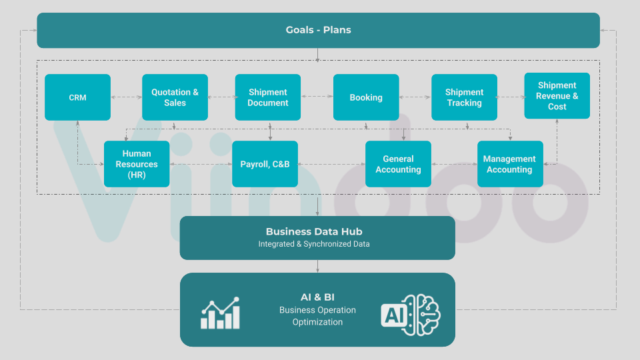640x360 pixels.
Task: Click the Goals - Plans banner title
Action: click(318, 30)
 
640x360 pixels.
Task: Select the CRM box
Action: click(77, 97)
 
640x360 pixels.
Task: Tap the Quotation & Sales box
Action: click(175, 97)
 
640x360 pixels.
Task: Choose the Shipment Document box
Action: click(267, 97)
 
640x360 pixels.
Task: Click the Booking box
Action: click(366, 97)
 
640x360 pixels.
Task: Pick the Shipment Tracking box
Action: click(464, 97)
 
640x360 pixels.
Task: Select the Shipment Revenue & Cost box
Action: click(557, 96)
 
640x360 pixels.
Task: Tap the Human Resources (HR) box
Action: click(137, 164)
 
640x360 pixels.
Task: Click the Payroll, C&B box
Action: click(265, 164)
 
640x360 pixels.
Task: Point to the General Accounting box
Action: click(398, 164)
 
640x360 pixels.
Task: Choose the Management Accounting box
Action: click(509, 164)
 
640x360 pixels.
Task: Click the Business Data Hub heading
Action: click(314, 232)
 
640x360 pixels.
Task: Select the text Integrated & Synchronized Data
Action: click(314, 245)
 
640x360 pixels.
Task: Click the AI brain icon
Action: click(411, 314)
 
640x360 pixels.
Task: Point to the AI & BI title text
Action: click(317, 297)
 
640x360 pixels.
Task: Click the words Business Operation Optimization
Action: click(317, 316)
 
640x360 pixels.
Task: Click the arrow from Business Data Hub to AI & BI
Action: click(317, 266)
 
